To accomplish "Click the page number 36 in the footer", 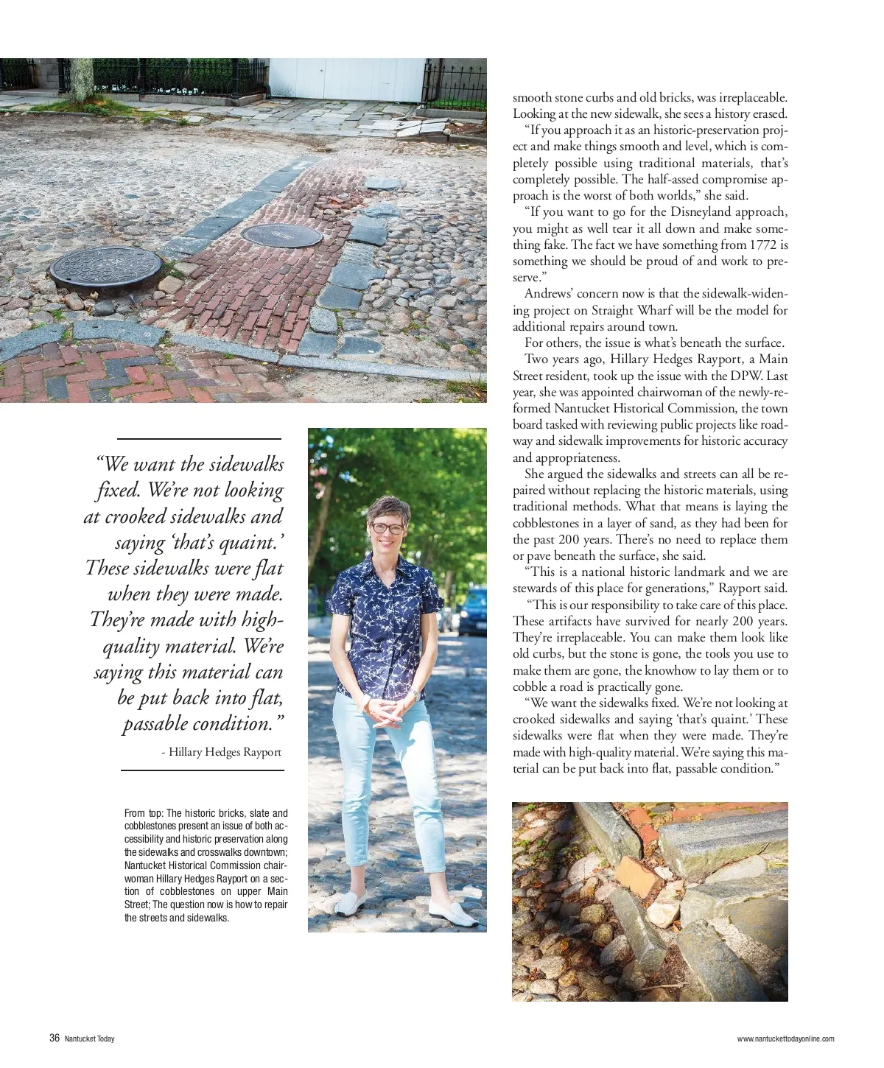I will [55, 1038].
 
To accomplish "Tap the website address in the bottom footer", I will [785, 1039].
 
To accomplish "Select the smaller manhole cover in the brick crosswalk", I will [281, 235].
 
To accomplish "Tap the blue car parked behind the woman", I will [473, 611].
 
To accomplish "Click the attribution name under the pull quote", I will [225, 752].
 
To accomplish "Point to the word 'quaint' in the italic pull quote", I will [248, 542].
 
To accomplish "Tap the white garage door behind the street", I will [346, 79].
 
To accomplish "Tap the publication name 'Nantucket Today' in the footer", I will [90, 1039].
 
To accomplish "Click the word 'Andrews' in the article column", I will [549, 294].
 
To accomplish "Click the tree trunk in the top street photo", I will [81, 80].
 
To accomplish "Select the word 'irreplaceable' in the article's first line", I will [751, 97].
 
